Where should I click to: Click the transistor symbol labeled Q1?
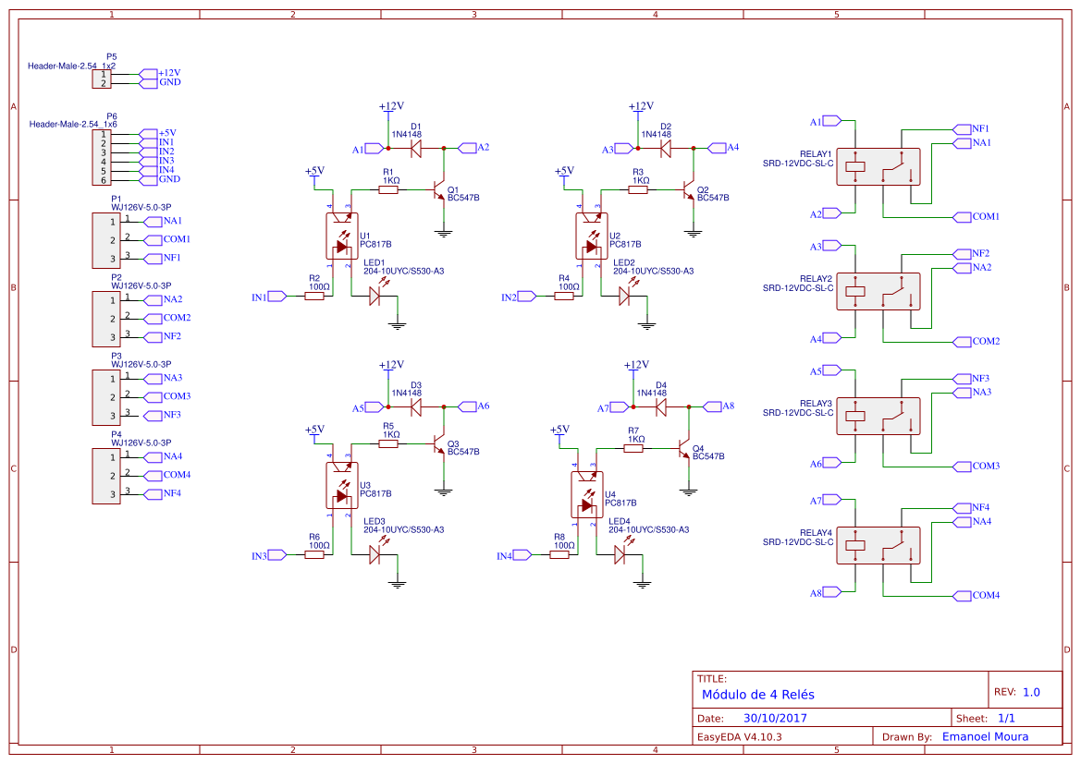(438, 191)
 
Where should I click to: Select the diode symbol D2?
(665, 148)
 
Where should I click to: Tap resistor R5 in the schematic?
(388, 443)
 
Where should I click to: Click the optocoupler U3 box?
(342, 485)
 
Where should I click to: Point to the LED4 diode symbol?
(620, 554)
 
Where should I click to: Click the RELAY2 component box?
(878, 291)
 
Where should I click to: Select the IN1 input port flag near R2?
(277, 297)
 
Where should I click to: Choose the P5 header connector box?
(102, 79)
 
